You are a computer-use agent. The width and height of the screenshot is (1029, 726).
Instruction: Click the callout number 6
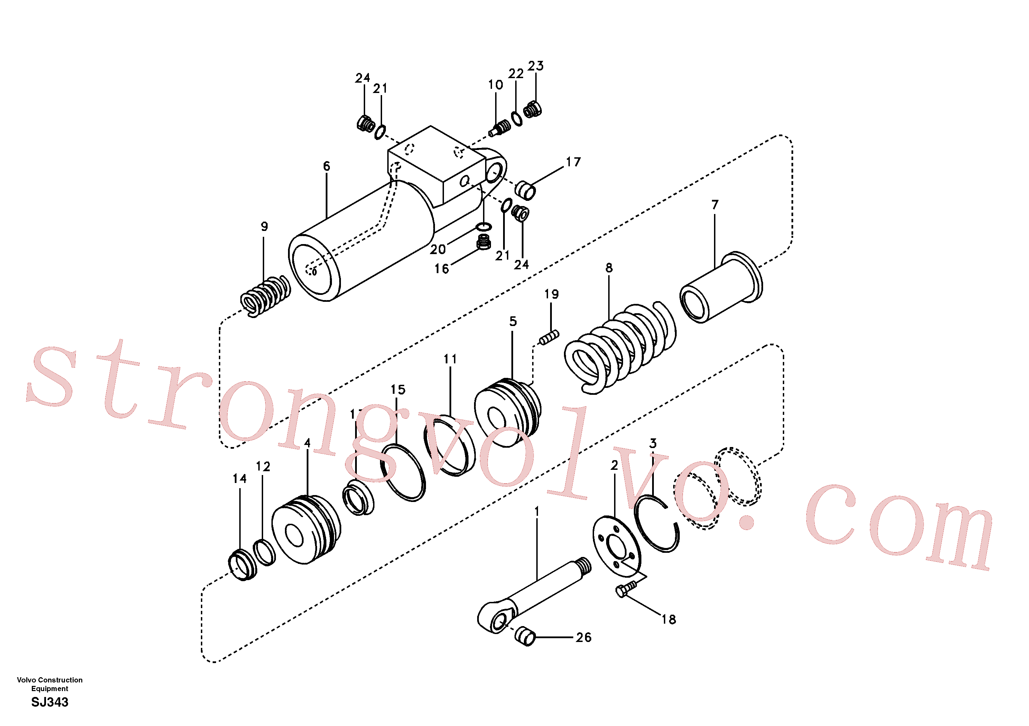coord(326,166)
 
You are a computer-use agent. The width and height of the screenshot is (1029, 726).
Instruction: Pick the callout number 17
coord(573,162)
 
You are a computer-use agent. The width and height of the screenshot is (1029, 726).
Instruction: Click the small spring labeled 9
coord(265,296)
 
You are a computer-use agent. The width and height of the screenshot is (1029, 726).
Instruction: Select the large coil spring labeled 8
coord(620,347)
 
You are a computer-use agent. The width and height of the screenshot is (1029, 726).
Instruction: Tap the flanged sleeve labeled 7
coord(721,287)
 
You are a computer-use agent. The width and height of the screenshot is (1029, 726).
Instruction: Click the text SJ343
coord(50,702)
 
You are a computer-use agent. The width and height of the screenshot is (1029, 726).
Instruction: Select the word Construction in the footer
coord(60,680)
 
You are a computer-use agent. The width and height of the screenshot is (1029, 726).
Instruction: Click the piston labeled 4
coord(306,530)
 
